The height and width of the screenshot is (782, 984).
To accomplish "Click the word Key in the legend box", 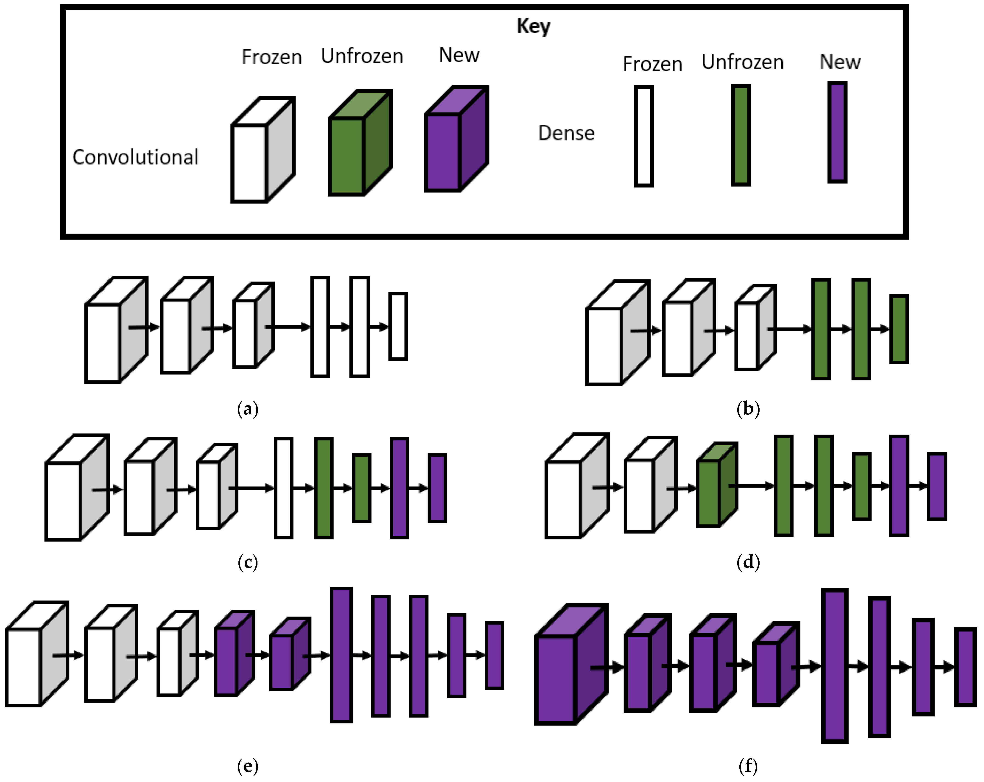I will (x=533, y=26).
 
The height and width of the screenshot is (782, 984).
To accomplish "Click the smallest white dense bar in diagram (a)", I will (x=398, y=326).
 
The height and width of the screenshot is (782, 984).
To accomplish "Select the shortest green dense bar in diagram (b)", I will (x=899, y=329).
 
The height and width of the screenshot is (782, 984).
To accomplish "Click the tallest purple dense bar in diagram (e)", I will (x=341, y=655).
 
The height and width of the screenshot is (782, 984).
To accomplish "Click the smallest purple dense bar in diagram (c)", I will (x=437, y=488).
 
